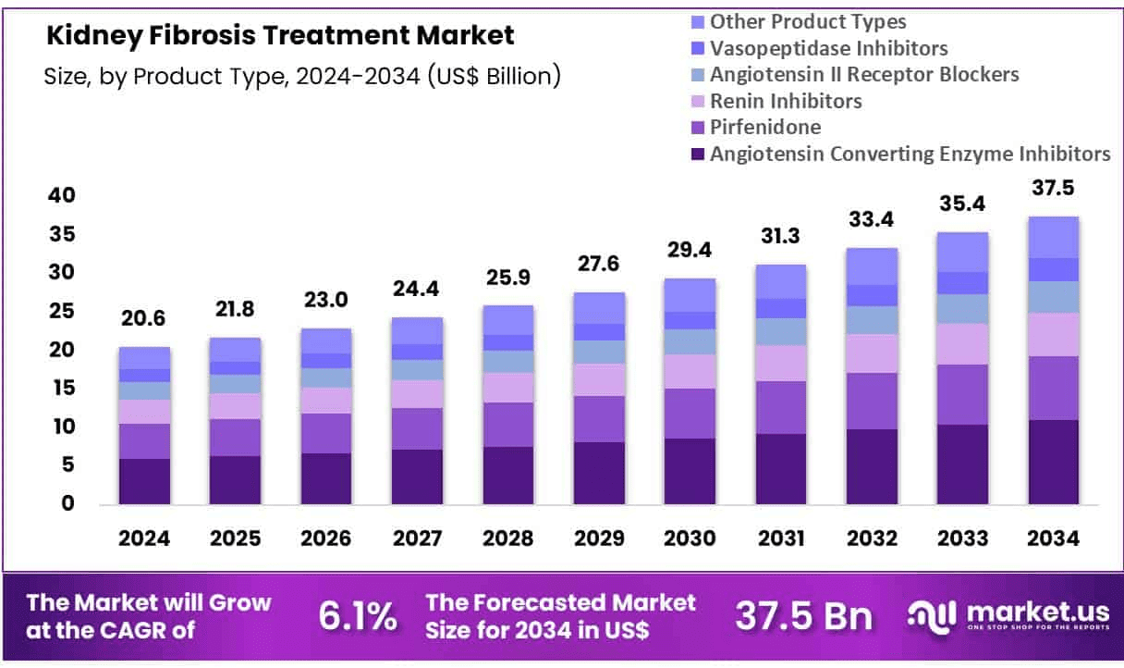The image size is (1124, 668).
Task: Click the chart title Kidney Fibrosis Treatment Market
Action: click(x=280, y=36)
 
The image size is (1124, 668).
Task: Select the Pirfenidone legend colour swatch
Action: click(x=695, y=128)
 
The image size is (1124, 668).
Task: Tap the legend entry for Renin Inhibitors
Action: click(x=786, y=101)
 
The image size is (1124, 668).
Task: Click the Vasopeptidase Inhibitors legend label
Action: click(x=828, y=48)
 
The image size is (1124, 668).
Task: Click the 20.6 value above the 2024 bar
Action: click(x=144, y=318)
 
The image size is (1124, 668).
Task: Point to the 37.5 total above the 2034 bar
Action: click(x=1053, y=188)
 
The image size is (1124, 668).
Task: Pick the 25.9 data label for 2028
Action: click(x=507, y=276)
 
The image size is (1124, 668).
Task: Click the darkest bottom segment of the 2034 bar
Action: click(x=1053, y=462)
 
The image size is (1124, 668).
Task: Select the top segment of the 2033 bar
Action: click(x=962, y=252)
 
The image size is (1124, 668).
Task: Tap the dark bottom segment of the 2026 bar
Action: click(x=325, y=478)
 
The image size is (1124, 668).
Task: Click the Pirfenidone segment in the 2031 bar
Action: click(x=779, y=407)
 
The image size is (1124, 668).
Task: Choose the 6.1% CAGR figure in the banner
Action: click(x=358, y=616)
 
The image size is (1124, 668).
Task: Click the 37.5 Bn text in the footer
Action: click(x=802, y=616)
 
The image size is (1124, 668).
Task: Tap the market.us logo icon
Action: click(x=933, y=616)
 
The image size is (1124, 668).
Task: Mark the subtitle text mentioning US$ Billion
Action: click(x=302, y=76)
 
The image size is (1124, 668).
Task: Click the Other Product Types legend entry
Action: click(x=807, y=21)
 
